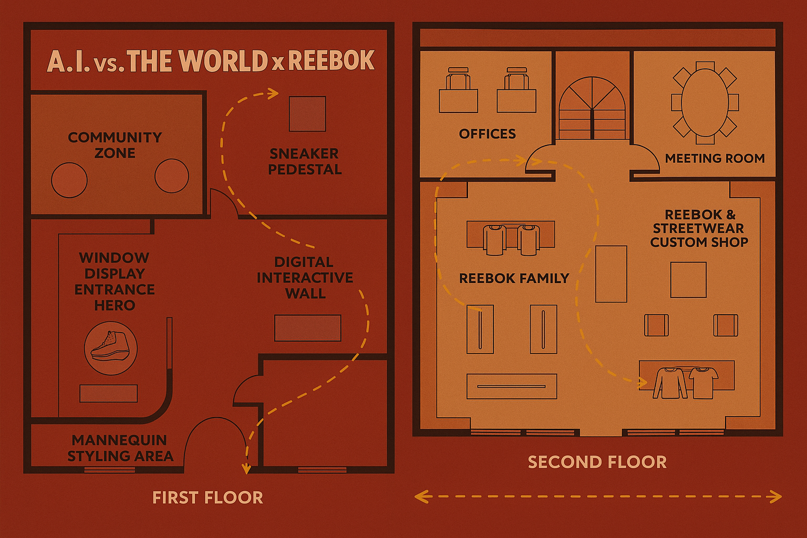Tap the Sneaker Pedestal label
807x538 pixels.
coord(304,161)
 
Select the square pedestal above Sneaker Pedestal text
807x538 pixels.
coord(307,113)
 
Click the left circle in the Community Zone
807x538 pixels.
coord(69,180)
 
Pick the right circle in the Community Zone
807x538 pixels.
coord(172,175)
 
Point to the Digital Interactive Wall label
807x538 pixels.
coord(305,277)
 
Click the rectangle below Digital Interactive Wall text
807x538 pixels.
coord(307,328)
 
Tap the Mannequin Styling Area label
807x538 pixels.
coord(120,448)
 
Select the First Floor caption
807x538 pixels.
coord(208,498)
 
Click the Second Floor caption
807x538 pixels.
coord(597,462)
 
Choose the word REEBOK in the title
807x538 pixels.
coord(331,61)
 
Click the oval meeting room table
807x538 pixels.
coord(705,102)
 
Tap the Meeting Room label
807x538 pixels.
coord(715,158)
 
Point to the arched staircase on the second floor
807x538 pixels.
coord(592,108)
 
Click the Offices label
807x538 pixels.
coord(487,134)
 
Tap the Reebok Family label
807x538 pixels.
coord(514,278)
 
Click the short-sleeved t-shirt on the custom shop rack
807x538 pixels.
coord(703,382)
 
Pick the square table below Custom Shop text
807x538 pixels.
coord(688,280)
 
